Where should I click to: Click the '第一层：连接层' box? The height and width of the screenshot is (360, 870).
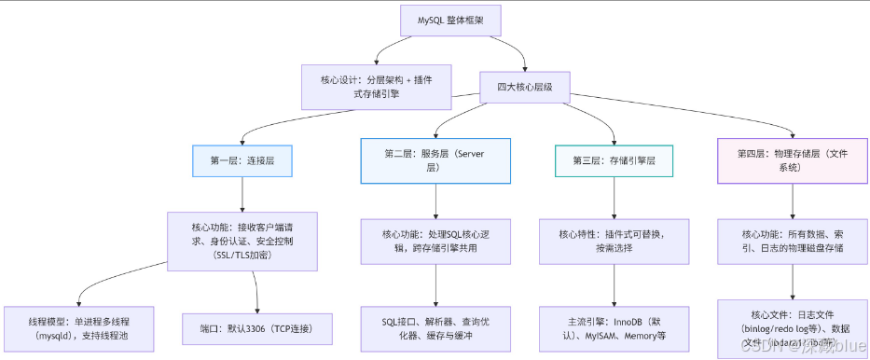(242, 160)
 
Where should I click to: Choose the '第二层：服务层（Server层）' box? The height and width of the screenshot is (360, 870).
(435, 160)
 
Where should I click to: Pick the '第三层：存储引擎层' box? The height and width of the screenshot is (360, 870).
(614, 160)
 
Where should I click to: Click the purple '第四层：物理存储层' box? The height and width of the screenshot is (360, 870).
(793, 160)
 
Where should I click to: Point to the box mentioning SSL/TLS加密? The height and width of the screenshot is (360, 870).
(242, 241)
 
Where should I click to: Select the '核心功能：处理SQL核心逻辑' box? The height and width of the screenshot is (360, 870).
(435, 241)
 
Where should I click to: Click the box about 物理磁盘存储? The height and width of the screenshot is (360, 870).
(793, 241)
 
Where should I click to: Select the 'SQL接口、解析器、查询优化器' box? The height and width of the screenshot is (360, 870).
(435, 328)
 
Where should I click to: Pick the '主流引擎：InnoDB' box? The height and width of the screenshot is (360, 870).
(614, 328)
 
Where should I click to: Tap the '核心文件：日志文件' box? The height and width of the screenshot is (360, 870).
(793, 328)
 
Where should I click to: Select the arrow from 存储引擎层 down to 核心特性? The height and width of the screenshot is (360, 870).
(614, 198)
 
